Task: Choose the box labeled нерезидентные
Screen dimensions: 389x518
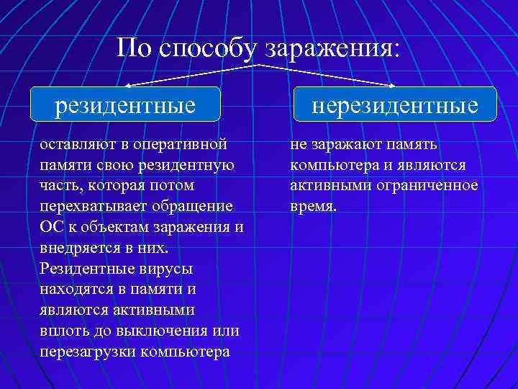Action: coord(394,105)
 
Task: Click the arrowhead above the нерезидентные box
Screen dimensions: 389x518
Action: coord(392,84)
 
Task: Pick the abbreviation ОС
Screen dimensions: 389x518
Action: coord(52,227)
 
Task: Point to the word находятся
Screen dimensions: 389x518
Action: coord(77,290)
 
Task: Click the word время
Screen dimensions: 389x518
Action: coord(313,206)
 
